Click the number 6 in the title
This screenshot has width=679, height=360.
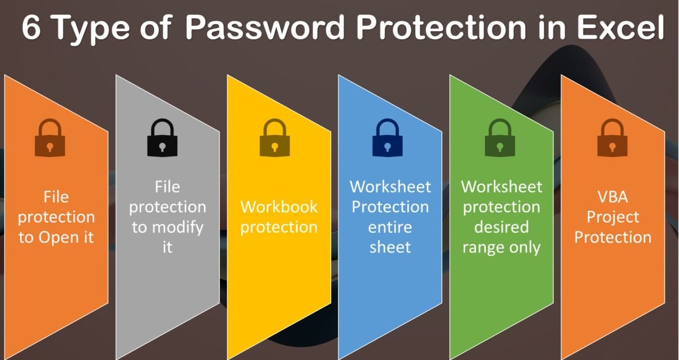31,28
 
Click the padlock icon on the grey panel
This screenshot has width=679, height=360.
162,139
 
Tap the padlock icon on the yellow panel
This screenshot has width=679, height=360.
274,139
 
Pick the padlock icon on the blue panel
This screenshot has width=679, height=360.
387,139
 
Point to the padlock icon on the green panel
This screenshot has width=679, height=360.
500,139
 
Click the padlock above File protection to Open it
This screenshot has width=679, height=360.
50,139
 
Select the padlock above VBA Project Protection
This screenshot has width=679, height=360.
612,139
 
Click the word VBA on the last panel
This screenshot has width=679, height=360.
612,197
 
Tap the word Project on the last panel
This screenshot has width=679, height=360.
612,218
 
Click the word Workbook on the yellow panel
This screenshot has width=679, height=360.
279,207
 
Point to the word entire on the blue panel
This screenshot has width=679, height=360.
390,228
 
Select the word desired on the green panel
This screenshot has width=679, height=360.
501,227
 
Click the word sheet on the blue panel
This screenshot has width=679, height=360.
390,247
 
